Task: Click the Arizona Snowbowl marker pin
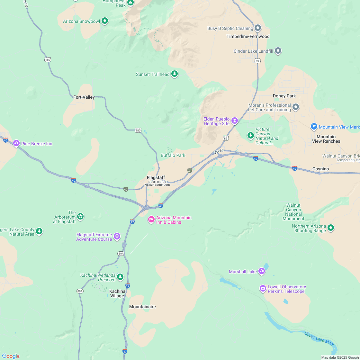click(104, 21)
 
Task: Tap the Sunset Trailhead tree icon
click(175, 74)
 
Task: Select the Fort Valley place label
click(84, 97)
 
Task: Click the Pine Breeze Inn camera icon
click(16, 143)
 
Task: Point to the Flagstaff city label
click(156, 177)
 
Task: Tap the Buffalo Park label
click(173, 155)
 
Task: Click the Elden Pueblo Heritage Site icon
click(235, 121)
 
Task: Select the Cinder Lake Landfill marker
click(278, 51)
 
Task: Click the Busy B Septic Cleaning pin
click(258, 28)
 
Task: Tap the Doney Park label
click(284, 96)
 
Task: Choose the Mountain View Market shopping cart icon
click(314, 127)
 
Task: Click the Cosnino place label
click(320, 169)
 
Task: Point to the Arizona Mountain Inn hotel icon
click(151, 220)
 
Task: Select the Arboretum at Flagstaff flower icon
click(80, 217)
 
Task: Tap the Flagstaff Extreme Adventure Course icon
click(117, 237)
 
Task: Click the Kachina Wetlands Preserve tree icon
click(120, 276)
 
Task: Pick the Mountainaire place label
click(142, 307)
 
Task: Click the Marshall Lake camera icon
click(262, 271)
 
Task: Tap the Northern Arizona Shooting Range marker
click(331, 228)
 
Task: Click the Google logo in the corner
click(11, 356)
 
